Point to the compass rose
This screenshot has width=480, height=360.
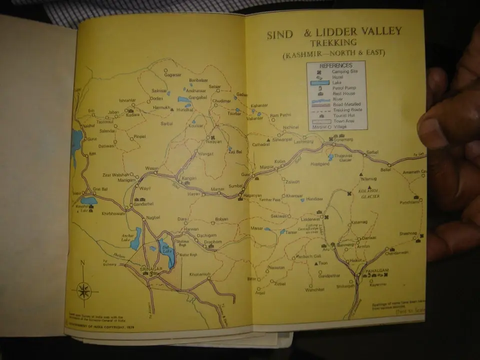[x=84, y=290]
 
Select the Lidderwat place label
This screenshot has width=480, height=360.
[x=310, y=219]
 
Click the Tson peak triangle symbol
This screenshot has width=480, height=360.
[x=315, y=262]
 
